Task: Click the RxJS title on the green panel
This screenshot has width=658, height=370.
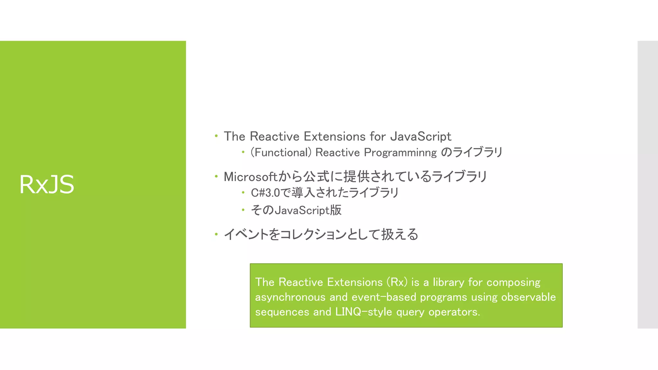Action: click(x=47, y=184)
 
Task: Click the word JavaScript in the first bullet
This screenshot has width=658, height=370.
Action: click(x=421, y=137)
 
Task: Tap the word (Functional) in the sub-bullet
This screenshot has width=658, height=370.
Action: click(x=281, y=152)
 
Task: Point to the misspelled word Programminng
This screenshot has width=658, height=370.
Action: click(x=400, y=153)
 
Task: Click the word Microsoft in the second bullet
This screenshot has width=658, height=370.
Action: click(x=250, y=177)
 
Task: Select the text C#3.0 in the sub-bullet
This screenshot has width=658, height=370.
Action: click(x=265, y=193)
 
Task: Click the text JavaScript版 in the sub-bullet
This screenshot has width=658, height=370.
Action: click(x=308, y=210)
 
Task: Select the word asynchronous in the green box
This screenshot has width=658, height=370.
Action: click(x=290, y=297)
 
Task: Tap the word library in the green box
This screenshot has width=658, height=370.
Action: click(x=449, y=282)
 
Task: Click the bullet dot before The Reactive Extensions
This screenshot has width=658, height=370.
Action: click(x=216, y=136)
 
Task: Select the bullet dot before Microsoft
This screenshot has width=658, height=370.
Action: click(x=216, y=176)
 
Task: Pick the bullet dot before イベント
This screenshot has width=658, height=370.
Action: click(x=216, y=234)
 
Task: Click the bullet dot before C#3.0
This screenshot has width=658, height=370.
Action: click(x=243, y=193)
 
